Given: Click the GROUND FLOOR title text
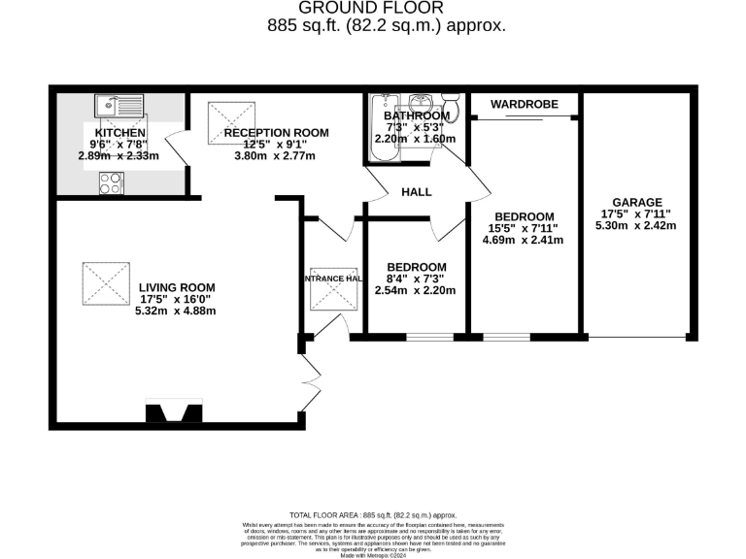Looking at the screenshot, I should (x=387, y=10).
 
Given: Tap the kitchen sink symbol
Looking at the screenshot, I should (x=119, y=104).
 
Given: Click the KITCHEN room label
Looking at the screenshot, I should (x=120, y=133).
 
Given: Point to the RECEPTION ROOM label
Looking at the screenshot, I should (x=276, y=133).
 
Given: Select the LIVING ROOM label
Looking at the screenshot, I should (x=176, y=288).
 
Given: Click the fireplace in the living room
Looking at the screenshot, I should (x=174, y=412).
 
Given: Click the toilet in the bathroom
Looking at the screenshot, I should (x=451, y=103).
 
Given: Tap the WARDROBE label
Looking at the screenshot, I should (x=524, y=104).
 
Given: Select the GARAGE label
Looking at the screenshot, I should (x=636, y=201).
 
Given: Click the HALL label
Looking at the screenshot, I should (x=417, y=192).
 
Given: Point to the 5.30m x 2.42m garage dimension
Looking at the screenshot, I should (x=636, y=226).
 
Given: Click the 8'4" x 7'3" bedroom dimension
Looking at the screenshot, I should (x=416, y=279).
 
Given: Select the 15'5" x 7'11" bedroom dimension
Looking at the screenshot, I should (x=524, y=229).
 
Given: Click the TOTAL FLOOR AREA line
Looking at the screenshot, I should (x=373, y=514).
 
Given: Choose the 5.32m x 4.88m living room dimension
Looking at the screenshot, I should (x=176, y=312).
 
